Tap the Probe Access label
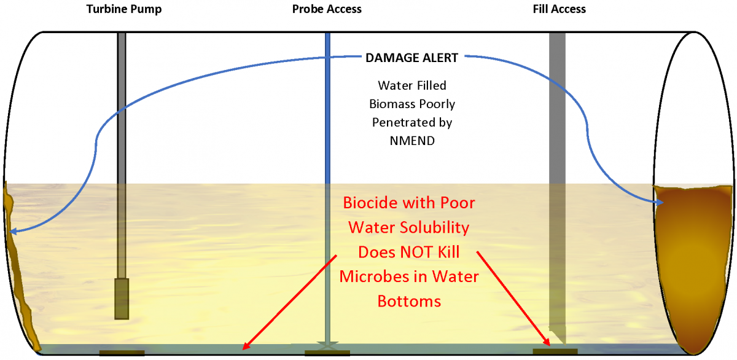[327, 9]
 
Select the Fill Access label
[559, 9]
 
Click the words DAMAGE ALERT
[411, 58]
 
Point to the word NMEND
[411, 140]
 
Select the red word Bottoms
[408, 302]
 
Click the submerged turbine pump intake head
[122, 298]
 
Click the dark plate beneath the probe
[327, 353]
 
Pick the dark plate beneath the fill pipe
[555, 351]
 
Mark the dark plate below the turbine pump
[122, 353]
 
